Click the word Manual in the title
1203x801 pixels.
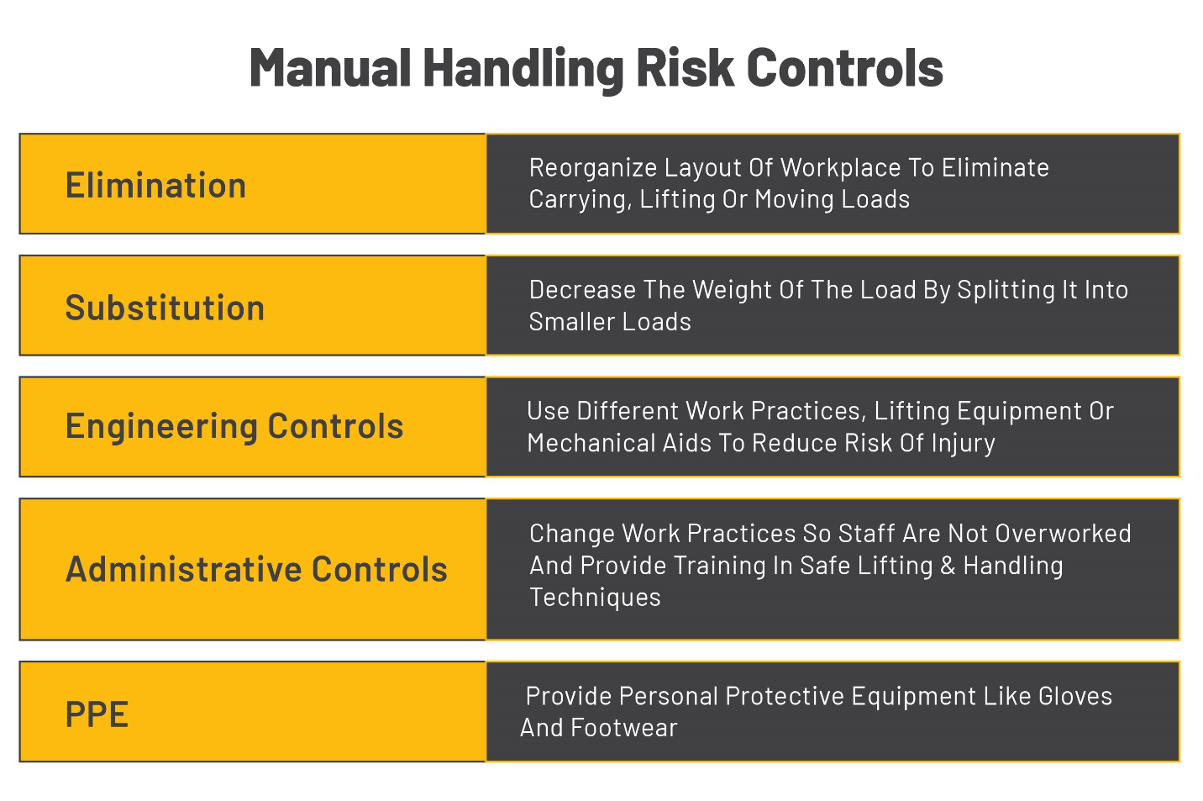330,68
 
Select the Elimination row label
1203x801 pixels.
156,186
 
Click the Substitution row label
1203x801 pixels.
165,308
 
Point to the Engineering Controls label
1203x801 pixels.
234,427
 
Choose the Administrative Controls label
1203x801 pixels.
256,570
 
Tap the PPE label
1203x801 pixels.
97,715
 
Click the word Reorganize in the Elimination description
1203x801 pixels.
593,168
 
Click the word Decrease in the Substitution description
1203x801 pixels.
582,290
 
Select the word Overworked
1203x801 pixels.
1064,534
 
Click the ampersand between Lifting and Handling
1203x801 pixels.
948,566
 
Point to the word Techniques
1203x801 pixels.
595,598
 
